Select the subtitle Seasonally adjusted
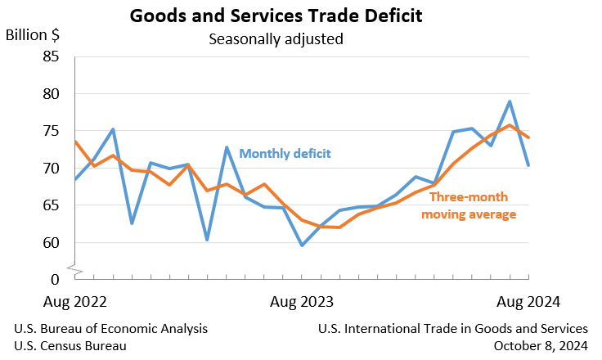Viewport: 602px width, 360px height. pyautogui.click(x=276, y=38)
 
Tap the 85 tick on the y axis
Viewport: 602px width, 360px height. pyautogui.click(x=50, y=57)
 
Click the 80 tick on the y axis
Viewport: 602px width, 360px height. pyautogui.click(x=50, y=94)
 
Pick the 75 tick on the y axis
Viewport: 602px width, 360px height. pyautogui.click(x=50, y=131)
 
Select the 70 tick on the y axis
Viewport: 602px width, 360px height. pyautogui.click(x=50, y=169)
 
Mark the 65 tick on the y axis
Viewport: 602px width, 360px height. pyautogui.click(x=50, y=205)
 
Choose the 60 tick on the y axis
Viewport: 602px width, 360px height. pyautogui.click(x=50, y=243)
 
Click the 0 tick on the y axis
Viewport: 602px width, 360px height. pyautogui.click(x=54, y=278)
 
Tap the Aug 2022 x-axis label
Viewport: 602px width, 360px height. pyautogui.click(x=74, y=301)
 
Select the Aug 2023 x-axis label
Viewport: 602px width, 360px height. pyautogui.click(x=303, y=301)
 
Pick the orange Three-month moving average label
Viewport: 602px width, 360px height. pyautogui.click(x=469, y=205)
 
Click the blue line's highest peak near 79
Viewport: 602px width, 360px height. pyautogui.click(x=510, y=101)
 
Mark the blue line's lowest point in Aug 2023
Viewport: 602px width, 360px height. pyautogui.click(x=303, y=245)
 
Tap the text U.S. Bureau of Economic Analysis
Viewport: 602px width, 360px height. pyautogui.click(x=111, y=328)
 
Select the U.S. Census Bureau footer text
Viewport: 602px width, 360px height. pyautogui.click(x=70, y=345)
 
